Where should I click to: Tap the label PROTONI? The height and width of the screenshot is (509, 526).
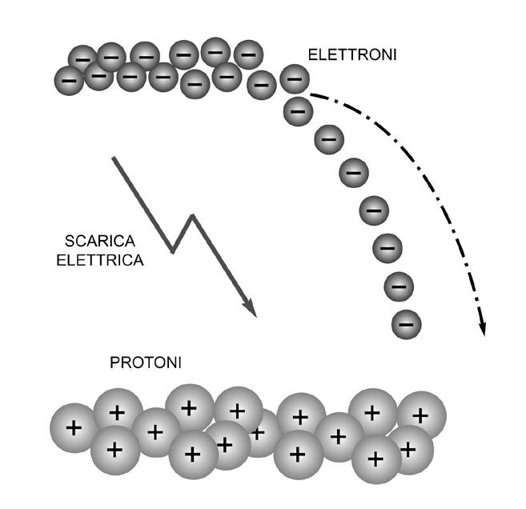(x=146, y=363)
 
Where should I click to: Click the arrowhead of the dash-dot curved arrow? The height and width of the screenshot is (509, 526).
(x=484, y=329)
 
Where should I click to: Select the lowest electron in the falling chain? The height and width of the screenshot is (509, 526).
(x=407, y=324)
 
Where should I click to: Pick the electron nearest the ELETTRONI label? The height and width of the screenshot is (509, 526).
(x=294, y=78)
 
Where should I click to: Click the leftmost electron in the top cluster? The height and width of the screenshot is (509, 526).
(x=69, y=80)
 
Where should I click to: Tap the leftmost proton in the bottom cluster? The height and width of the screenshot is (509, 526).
(x=74, y=427)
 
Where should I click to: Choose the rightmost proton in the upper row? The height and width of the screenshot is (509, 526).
(x=421, y=415)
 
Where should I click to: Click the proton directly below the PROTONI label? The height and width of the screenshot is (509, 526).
(x=118, y=413)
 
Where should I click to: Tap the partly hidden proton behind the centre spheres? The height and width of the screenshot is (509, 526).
(x=258, y=433)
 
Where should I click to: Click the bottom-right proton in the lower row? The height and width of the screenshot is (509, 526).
(x=409, y=449)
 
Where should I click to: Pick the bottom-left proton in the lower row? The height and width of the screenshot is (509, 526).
(x=114, y=450)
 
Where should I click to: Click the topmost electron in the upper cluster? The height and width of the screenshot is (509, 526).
(x=215, y=51)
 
